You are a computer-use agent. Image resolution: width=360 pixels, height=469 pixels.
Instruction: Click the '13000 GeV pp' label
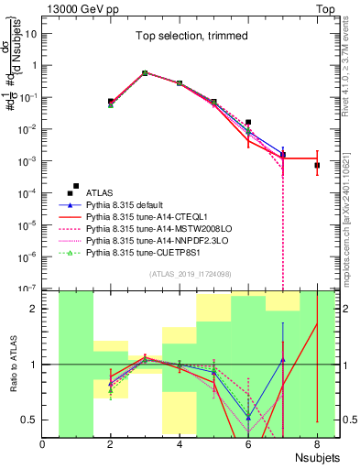76,6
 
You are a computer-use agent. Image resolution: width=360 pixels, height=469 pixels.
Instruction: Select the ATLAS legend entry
99,192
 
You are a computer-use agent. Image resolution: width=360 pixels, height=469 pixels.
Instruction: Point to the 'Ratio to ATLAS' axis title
12,364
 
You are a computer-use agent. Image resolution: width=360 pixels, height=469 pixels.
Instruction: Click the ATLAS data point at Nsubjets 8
316,166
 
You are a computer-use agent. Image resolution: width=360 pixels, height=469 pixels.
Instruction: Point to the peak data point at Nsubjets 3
145,72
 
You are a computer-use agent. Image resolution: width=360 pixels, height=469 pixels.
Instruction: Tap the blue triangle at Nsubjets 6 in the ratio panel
248,418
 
